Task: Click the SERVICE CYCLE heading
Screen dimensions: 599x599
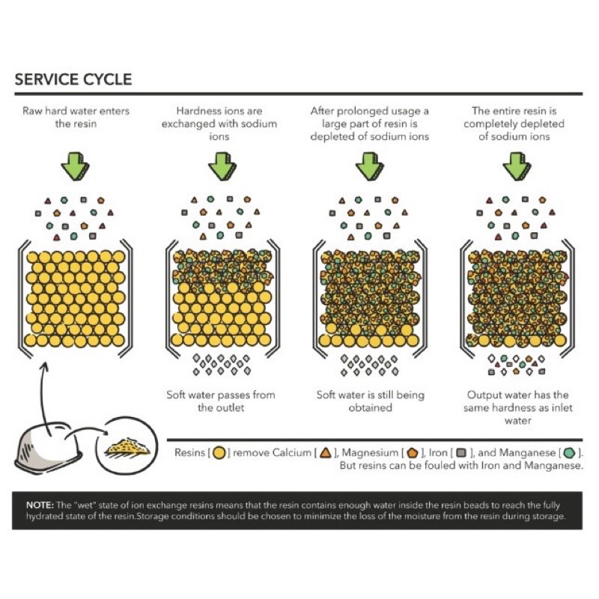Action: click(73, 79)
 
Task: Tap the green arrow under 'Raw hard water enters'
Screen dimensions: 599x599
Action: click(76, 166)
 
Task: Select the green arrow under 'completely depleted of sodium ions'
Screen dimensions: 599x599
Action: click(517, 166)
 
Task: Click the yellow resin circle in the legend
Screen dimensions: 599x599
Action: click(219, 453)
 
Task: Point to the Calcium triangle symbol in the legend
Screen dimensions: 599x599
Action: click(326, 453)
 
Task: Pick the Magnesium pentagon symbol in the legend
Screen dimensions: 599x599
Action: click(413, 453)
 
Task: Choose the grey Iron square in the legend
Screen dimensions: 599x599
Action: click(462, 453)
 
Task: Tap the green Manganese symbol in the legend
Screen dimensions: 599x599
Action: click(570, 453)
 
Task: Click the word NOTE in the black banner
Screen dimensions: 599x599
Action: click(40, 505)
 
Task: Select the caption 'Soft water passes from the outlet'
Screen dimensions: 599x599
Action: click(221, 401)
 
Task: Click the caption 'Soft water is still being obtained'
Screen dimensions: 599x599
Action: click(370, 401)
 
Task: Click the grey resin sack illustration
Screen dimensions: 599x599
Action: click(48, 448)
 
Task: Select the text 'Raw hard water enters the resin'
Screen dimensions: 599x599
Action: click(76, 118)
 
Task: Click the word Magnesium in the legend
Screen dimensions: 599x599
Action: click(370, 453)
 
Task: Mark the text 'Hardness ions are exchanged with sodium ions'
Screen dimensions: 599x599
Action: click(219, 124)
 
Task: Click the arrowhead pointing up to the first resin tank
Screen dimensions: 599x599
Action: click(45, 367)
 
